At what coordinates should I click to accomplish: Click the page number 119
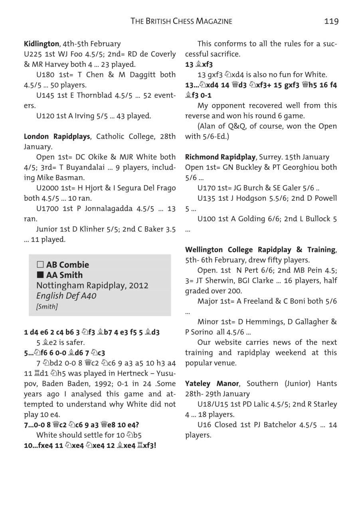pyautogui.click(x=331, y=21)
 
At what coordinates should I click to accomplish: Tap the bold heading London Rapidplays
pyautogui.click(x=57, y=137)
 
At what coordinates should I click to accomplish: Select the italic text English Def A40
pyautogui.click(x=66, y=296)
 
